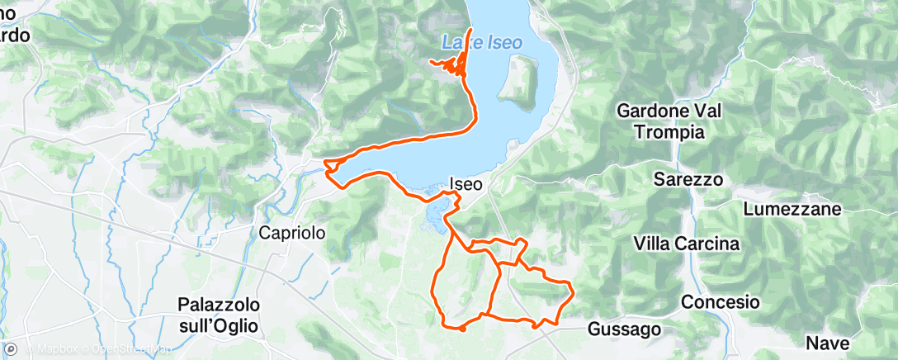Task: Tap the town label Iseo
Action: coord(466,185)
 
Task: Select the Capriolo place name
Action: coord(292,233)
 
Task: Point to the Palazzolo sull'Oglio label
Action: coord(218,315)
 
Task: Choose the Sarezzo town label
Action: coord(688,179)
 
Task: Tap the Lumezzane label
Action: coord(792,209)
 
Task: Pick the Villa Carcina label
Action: coord(686,243)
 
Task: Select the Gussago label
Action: coord(625,329)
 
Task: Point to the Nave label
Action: coord(826,342)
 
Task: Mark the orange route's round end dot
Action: coord(462,329)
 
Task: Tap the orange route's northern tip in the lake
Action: coord(470,30)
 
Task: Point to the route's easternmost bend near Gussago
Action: coord(572,287)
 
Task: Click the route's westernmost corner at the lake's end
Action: coord(325,162)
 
